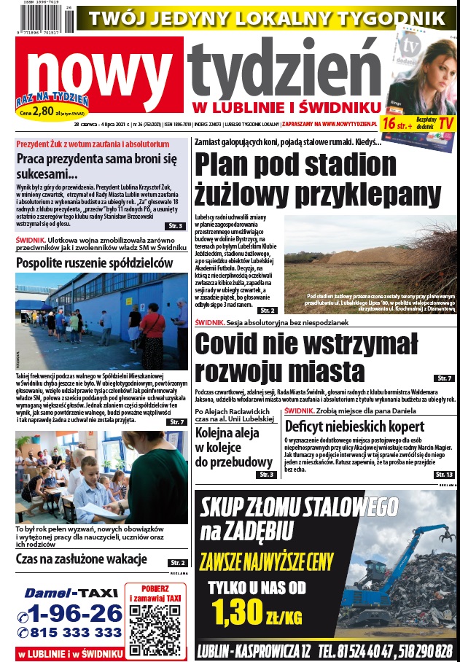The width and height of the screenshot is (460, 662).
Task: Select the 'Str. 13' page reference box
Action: click(444, 475)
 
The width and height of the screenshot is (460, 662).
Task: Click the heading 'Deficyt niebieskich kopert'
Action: click(354, 427)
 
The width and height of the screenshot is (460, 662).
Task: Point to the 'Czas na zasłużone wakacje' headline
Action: click(82, 559)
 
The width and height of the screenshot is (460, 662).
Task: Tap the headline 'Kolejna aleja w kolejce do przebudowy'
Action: click(233, 443)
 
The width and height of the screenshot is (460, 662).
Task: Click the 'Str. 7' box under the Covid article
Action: click(445, 378)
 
